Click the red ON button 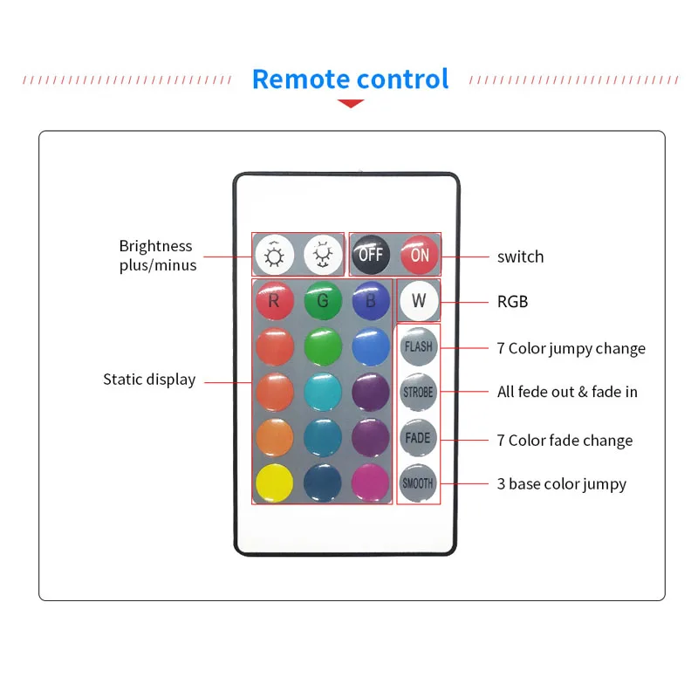click(x=420, y=256)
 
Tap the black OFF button click(x=371, y=256)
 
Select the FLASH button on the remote click(x=418, y=346)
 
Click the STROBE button click(x=418, y=393)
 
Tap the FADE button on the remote click(x=418, y=438)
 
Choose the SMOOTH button click(x=418, y=482)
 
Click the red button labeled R click(x=274, y=302)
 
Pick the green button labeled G click(x=322, y=302)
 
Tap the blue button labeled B click(x=370, y=302)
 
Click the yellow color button click(x=274, y=482)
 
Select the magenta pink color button click(x=370, y=482)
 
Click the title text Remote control click(x=350, y=79)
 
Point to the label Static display click(x=149, y=380)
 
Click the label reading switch click(x=520, y=257)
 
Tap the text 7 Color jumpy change click(x=571, y=348)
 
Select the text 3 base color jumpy click(x=561, y=483)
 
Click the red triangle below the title click(x=350, y=104)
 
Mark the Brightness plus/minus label click(x=157, y=255)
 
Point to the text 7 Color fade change click(x=565, y=440)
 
